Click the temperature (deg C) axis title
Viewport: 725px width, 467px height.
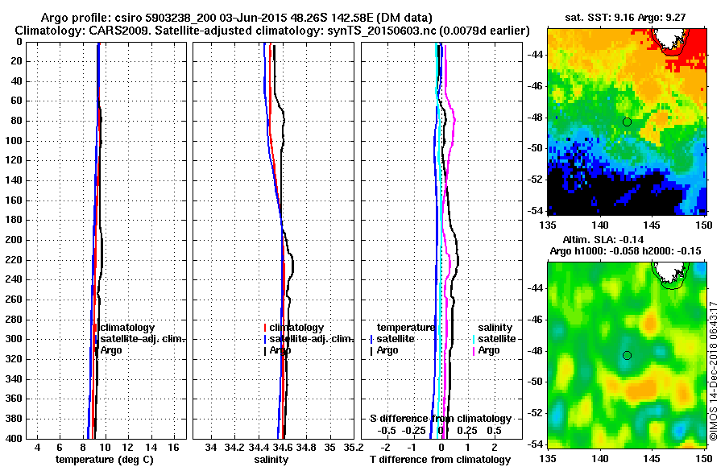click(104, 459)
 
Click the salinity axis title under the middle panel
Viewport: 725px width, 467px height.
click(271, 459)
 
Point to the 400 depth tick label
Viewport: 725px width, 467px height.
click(13, 438)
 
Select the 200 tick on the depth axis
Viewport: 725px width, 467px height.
click(13, 240)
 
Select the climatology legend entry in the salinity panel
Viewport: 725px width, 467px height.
click(296, 328)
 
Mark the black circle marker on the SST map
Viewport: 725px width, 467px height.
click(627, 122)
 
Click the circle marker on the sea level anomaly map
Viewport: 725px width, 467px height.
click(627, 355)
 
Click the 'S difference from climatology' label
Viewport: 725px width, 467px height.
click(441, 419)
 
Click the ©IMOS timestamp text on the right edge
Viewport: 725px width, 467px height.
click(713, 370)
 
